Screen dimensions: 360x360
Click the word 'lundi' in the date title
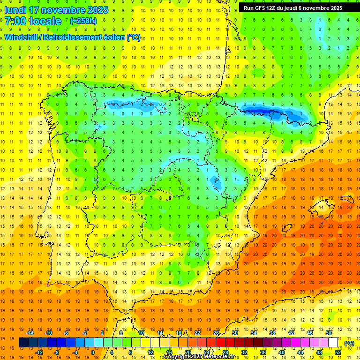click(x=15, y=10)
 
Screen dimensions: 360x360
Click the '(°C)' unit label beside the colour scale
click(x=349, y=344)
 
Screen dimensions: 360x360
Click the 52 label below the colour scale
click(x=337, y=352)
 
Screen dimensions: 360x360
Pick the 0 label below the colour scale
click(x=93, y=352)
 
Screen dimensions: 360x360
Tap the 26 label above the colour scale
click(x=216, y=333)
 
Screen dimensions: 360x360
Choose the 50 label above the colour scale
click(x=328, y=333)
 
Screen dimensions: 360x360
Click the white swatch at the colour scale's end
click(x=333, y=343)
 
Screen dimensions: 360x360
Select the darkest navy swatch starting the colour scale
click(x=23, y=343)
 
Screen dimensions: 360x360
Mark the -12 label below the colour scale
click(x=39, y=352)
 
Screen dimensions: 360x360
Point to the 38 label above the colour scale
click(x=272, y=333)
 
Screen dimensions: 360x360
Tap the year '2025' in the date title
click(x=97, y=10)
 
